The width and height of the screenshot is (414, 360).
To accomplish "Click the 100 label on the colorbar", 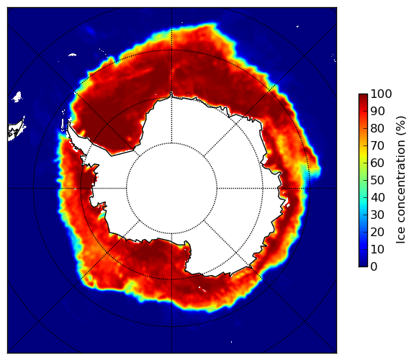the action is (381, 94).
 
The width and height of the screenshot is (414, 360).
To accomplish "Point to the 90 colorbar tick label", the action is (377, 111).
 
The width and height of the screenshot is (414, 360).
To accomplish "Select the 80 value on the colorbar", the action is (377, 129).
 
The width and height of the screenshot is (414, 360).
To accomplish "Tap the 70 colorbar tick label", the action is (377, 145).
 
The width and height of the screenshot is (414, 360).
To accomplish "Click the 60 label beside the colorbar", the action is (377, 163).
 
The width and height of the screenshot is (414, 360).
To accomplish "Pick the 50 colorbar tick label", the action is (377, 181).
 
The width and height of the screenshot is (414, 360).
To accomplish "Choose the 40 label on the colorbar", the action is (377, 197).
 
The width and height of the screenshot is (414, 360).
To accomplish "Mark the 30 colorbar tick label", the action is (377, 215).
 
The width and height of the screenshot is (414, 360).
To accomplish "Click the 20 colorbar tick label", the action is (377, 232).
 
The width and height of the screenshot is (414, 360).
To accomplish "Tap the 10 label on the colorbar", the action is (377, 249).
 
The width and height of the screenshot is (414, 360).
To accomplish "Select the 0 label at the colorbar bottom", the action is (374, 267).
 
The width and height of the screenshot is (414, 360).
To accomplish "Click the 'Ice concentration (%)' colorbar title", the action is (401, 180).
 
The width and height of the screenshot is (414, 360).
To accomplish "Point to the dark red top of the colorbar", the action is (363, 96).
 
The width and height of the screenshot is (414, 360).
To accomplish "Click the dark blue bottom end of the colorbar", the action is (363, 265).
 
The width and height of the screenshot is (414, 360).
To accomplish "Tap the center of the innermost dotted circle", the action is (171, 189).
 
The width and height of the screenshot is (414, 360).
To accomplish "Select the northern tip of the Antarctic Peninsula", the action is (69, 122).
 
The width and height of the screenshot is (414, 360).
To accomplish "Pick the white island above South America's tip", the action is (17, 96).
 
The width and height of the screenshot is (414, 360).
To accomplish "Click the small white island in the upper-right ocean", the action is (297, 26).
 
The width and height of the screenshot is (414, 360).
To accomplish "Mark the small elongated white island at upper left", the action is (72, 55).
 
